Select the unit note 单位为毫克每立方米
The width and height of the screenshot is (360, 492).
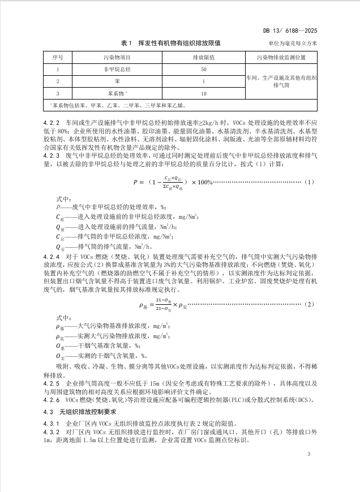click(289, 44)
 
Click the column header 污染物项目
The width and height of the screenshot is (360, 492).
click(117, 58)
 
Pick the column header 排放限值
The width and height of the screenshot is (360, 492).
click(203, 58)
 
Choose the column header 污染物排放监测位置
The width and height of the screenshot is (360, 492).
click(281, 58)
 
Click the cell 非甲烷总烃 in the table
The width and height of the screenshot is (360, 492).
click(117, 70)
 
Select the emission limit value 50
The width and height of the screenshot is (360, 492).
click(203, 70)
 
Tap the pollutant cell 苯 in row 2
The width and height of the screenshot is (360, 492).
click(117, 81)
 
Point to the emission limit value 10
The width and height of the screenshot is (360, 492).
click(203, 93)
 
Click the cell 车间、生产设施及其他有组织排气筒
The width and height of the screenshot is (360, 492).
click(281, 81)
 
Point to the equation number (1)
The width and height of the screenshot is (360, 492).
click(308, 182)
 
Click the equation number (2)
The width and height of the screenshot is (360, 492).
click(308, 305)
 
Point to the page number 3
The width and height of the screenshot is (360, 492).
click(309, 454)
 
